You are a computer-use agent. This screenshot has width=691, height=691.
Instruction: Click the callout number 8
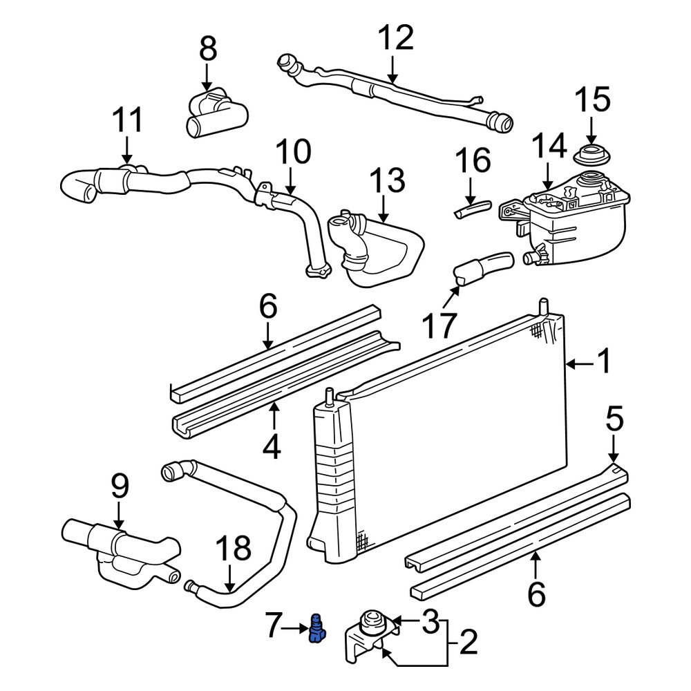click(207, 50)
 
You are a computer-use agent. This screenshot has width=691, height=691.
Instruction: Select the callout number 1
click(604, 361)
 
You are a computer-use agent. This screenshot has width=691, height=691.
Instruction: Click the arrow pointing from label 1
click(579, 362)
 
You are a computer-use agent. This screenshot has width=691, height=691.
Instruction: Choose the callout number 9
click(120, 488)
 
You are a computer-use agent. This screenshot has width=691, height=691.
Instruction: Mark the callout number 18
click(232, 550)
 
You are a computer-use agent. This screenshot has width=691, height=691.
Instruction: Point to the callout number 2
click(468, 645)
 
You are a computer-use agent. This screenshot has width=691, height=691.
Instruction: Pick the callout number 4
click(272, 447)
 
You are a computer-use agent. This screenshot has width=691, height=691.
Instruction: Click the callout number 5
click(614, 419)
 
